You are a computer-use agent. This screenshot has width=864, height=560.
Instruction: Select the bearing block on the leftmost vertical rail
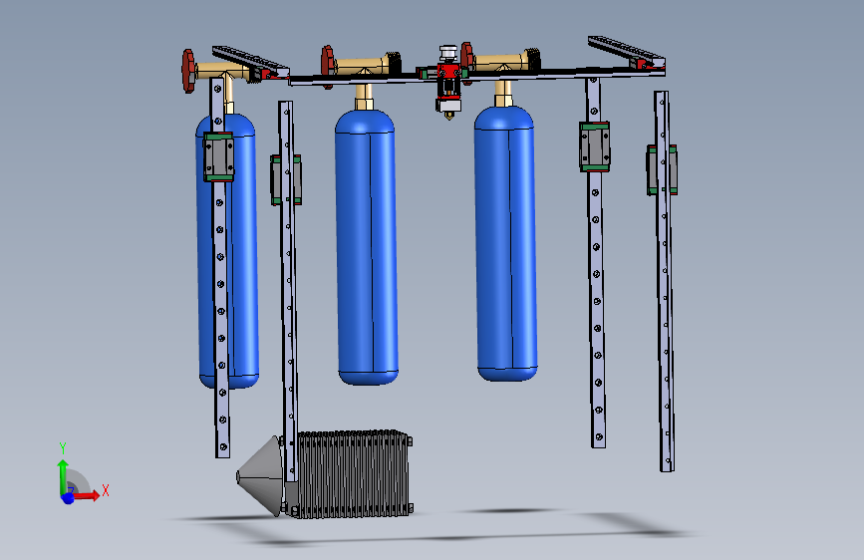[218, 156]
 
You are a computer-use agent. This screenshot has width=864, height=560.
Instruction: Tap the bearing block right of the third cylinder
[594, 145]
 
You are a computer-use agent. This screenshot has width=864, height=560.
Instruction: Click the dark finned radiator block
[354, 474]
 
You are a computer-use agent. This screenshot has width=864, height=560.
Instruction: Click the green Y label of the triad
[63, 447]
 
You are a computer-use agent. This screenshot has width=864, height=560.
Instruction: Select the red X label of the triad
[105, 490]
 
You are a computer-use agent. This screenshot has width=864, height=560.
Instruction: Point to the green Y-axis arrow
[63, 470]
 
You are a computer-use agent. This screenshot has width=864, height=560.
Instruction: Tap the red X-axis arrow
[88, 495]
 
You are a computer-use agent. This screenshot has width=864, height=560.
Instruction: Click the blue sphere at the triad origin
[68, 497]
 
